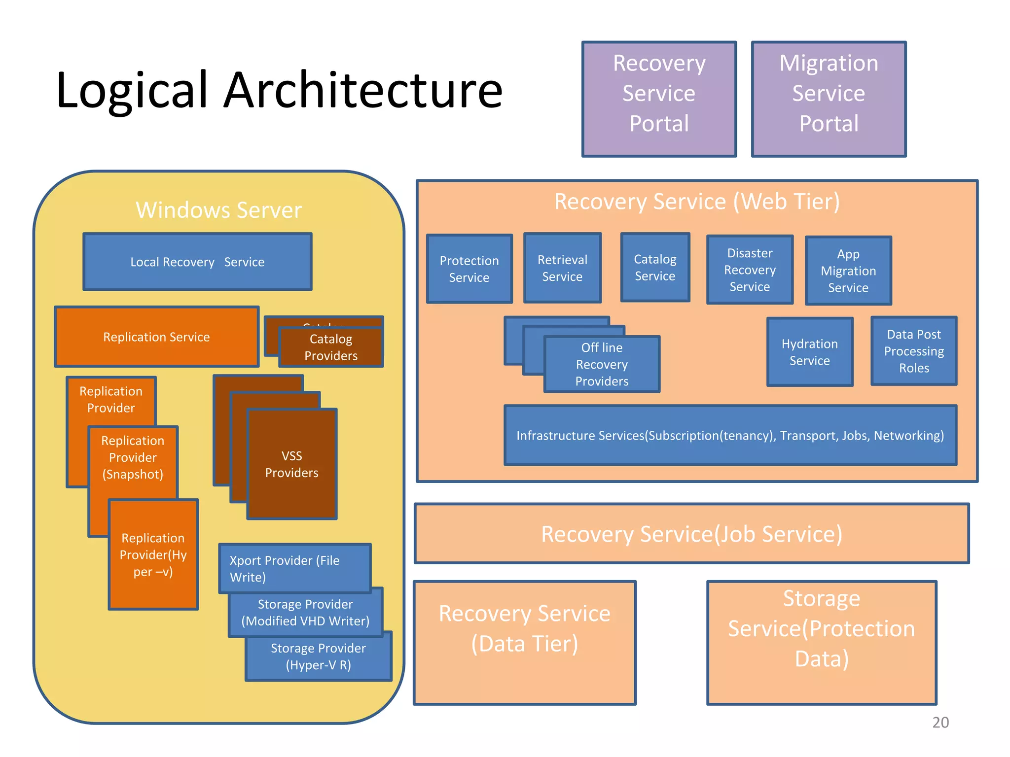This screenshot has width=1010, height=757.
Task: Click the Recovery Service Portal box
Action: click(659, 99)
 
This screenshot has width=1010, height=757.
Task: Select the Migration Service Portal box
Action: click(829, 99)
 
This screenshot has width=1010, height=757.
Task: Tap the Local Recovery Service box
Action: click(197, 262)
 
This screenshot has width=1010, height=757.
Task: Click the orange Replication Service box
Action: click(156, 337)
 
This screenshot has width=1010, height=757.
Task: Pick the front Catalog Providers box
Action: click(331, 348)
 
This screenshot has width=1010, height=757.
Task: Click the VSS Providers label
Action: click(291, 464)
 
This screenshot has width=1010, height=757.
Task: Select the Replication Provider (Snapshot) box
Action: click(133, 457)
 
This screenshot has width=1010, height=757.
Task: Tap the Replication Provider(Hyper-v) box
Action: click(153, 555)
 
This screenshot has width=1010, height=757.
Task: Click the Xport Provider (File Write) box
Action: click(294, 568)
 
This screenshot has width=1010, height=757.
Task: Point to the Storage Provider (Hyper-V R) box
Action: click(319, 657)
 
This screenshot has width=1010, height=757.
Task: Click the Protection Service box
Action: click(469, 269)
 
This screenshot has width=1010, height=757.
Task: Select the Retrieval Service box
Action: click(562, 268)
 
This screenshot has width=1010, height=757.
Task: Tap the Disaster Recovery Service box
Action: click(750, 270)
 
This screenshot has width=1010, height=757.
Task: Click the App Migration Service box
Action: click(848, 271)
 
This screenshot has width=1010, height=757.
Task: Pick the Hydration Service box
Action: click(809, 352)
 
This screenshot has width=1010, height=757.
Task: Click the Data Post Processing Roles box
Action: click(914, 351)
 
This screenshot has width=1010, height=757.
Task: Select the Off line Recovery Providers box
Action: click(602, 365)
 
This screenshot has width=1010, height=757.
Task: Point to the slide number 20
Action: click(940, 722)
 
